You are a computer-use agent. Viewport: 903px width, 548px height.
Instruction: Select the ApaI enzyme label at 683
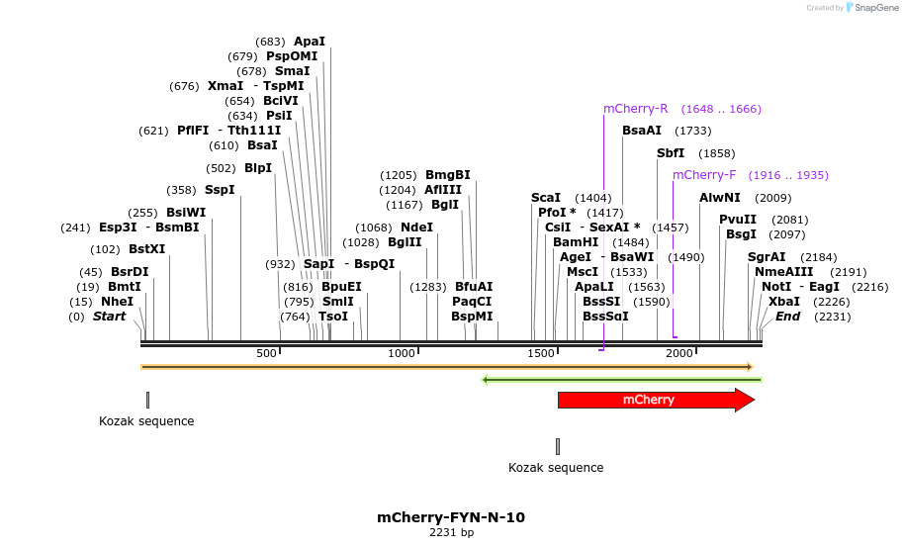pyautogui.click(x=310, y=42)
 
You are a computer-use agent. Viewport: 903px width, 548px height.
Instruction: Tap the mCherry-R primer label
pyautogui.click(x=635, y=109)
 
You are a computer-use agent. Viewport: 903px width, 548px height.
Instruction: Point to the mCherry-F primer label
pyautogui.click(x=704, y=175)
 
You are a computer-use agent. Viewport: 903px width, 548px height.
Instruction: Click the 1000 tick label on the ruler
pyautogui.click(x=402, y=353)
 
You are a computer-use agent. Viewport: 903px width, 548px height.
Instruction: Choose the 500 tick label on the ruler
pyautogui.click(x=266, y=353)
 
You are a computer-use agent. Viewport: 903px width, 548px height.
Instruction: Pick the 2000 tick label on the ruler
pyautogui.click(x=679, y=353)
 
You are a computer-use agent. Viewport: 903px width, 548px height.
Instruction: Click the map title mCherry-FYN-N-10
pyautogui.click(x=451, y=517)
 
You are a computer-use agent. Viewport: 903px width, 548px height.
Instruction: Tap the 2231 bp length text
pyautogui.click(x=451, y=533)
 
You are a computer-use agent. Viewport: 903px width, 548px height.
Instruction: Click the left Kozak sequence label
pyautogui.click(x=146, y=421)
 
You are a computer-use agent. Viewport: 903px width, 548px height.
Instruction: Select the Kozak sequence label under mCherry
pyautogui.click(x=556, y=468)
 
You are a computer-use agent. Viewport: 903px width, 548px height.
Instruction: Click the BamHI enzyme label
pyautogui.click(x=576, y=242)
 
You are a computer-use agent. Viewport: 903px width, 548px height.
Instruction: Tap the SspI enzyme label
pyautogui.click(x=220, y=190)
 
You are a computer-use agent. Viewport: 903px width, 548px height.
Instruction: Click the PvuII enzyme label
pyautogui.click(x=738, y=220)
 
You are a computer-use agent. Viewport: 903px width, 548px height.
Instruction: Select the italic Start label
pyautogui.click(x=110, y=317)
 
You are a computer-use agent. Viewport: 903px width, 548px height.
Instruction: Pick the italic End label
pyautogui.click(x=787, y=317)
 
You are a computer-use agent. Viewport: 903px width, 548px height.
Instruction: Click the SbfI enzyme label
pyautogui.click(x=671, y=153)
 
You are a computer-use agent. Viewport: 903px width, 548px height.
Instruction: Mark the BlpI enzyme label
pyautogui.click(x=257, y=168)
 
